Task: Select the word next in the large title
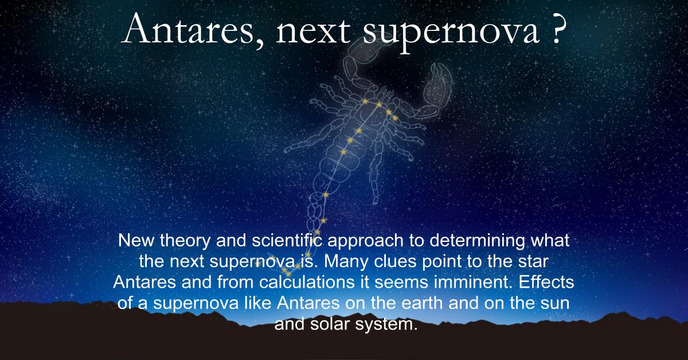(313, 32)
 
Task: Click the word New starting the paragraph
(136, 240)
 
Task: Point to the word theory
(185, 241)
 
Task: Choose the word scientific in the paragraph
(287, 240)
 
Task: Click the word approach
(365, 241)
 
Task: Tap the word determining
(477, 241)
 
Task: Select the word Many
(346, 262)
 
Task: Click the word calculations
(307, 282)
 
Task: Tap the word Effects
(546, 282)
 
